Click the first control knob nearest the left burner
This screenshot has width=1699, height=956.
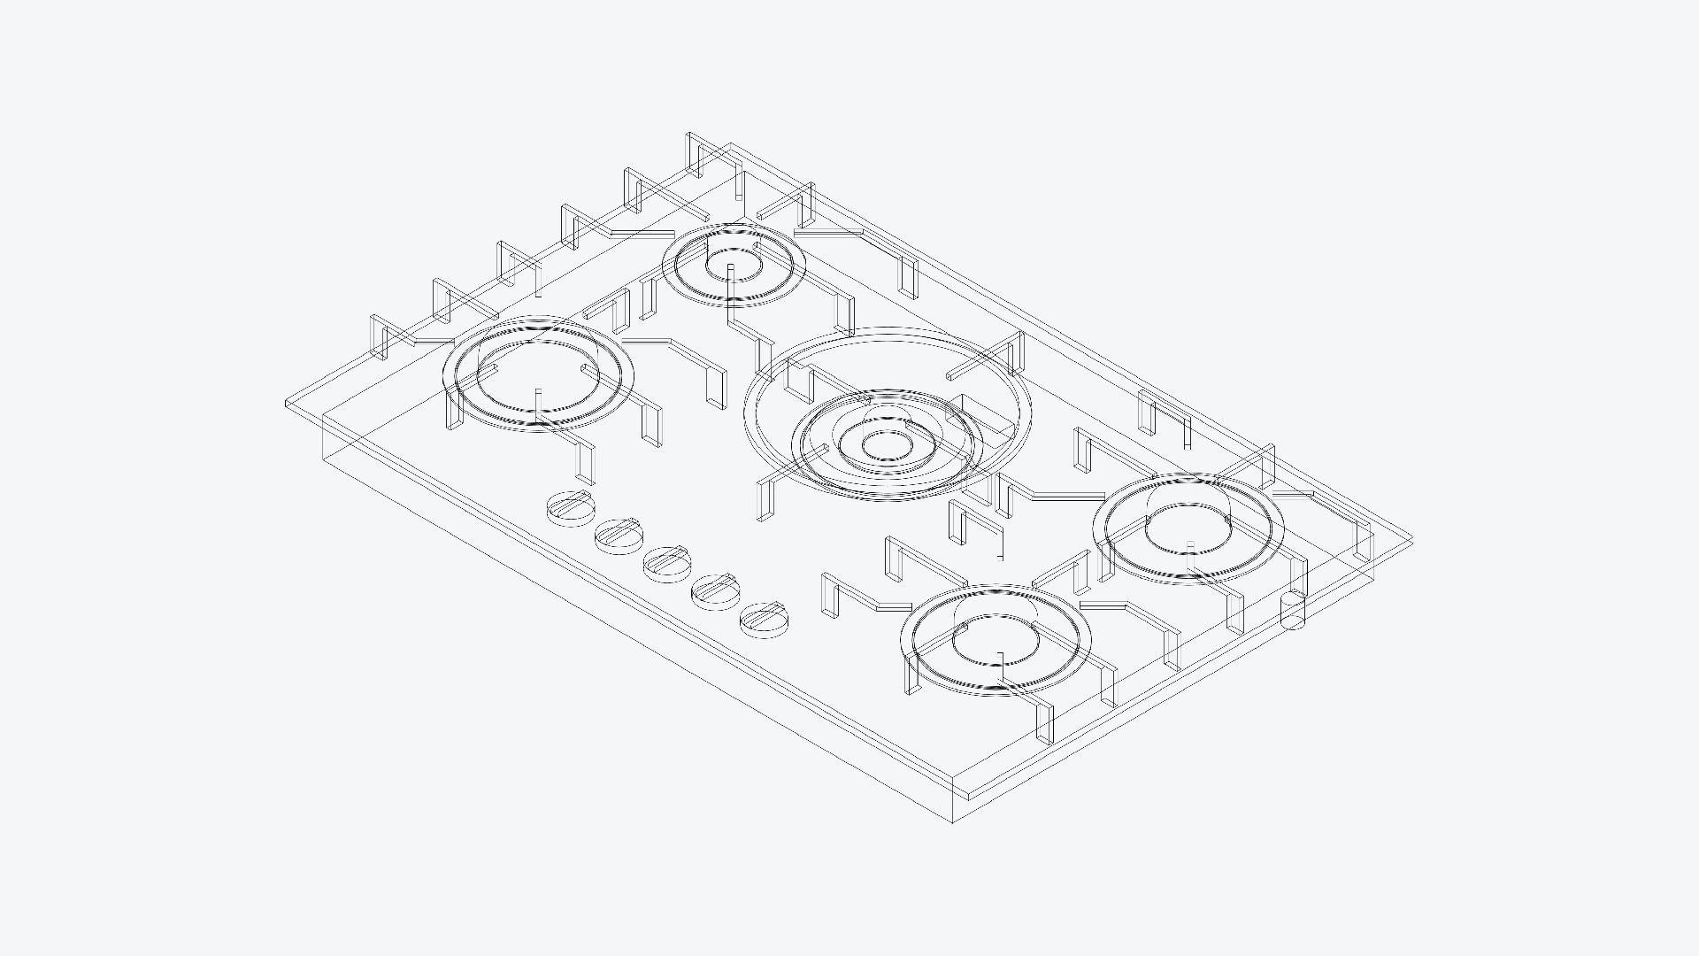click(571, 509)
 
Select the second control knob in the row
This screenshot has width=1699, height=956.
click(619, 536)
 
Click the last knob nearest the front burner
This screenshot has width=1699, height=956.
click(763, 620)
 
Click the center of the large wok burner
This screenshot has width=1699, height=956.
click(886, 445)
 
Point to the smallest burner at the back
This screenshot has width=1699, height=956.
click(733, 264)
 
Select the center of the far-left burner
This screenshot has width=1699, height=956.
click(538, 373)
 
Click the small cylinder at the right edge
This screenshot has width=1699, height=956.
click(1293, 611)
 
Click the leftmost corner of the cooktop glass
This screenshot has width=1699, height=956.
click(286, 405)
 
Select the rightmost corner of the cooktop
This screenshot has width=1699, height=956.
click(1412, 539)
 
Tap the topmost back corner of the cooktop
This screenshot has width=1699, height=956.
click(730, 143)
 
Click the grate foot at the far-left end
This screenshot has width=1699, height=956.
click(379, 336)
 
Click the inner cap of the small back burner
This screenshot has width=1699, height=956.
click(733, 256)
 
